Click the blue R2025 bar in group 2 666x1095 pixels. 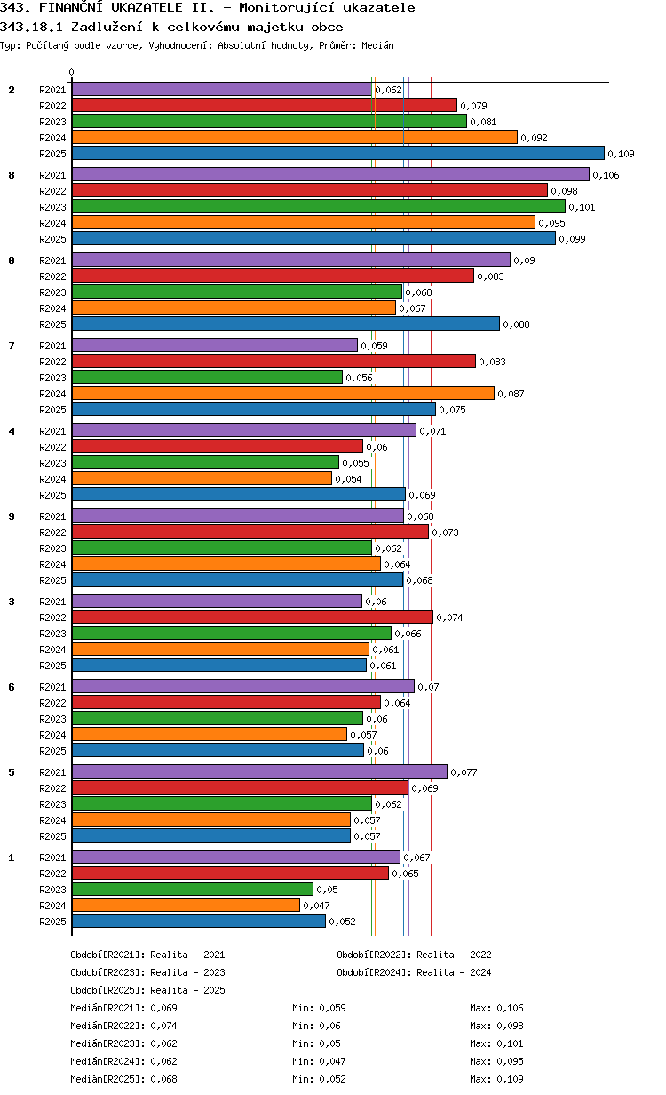337,154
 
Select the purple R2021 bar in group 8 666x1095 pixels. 330,175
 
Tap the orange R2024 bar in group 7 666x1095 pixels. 282,393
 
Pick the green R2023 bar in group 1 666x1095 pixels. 192,890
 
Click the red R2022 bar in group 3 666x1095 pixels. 252,618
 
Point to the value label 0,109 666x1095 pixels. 621,155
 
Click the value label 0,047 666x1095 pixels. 316,907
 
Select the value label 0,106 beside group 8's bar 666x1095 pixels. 606,176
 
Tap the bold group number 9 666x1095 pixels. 12,516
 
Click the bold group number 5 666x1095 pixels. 12,772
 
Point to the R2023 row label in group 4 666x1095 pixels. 52,463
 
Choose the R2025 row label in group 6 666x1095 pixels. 52,751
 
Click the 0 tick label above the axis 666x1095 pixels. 72,73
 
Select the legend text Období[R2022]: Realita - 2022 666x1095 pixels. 414,955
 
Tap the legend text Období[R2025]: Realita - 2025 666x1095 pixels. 147,990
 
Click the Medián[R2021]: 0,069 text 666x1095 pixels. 123,1008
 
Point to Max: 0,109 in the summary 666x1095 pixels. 496,1079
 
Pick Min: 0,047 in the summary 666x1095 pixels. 319,1061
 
